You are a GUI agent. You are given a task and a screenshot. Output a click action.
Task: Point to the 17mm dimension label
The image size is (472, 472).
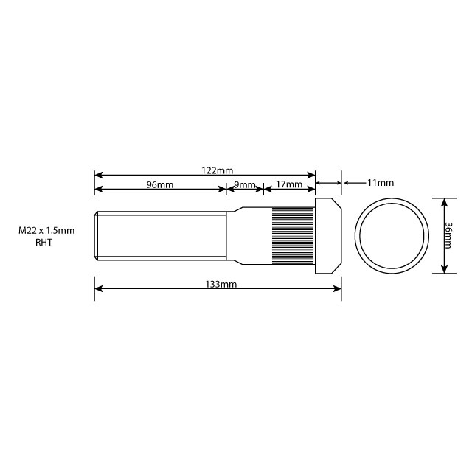click(x=288, y=184)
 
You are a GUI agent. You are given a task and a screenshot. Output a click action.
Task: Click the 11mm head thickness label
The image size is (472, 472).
click(x=380, y=182)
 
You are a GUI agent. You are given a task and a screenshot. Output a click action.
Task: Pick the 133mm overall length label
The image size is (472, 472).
click(x=222, y=284)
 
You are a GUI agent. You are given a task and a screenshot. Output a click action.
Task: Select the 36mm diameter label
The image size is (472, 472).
click(x=450, y=235)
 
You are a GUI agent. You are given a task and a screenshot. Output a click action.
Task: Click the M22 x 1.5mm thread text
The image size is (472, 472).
click(x=47, y=230)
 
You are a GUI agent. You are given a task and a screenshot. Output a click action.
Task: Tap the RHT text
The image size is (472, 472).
click(x=45, y=242)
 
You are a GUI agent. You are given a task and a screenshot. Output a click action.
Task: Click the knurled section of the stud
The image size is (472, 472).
click(x=294, y=236)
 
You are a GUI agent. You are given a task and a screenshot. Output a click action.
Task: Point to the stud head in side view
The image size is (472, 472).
click(x=328, y=236)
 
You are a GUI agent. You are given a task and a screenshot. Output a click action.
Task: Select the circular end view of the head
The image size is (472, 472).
click(x=392, y=235)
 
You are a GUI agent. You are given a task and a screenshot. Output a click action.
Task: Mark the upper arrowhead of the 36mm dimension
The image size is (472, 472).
click(x=444, y=201)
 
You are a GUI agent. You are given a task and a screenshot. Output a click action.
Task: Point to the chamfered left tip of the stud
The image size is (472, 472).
click(x=96, y=236)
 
